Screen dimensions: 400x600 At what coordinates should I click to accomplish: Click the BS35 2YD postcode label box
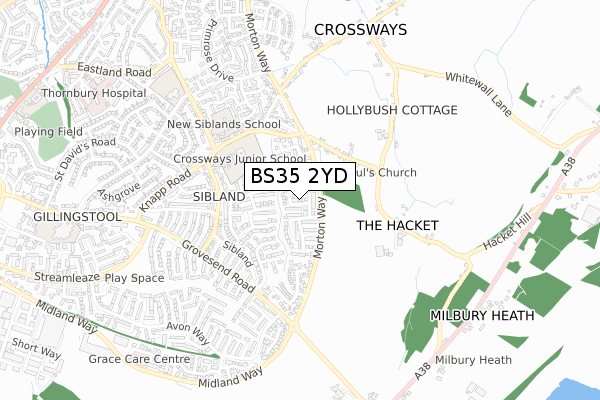point(299,176)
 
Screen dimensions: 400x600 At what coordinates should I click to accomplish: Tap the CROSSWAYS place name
point(360,30)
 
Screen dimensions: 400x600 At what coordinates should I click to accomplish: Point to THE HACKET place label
point(397,226)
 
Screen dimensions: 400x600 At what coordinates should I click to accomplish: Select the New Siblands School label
point(223,125)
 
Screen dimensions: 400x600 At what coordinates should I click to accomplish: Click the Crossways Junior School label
point(239,158)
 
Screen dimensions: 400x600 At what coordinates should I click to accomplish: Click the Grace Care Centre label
point(138,358)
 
